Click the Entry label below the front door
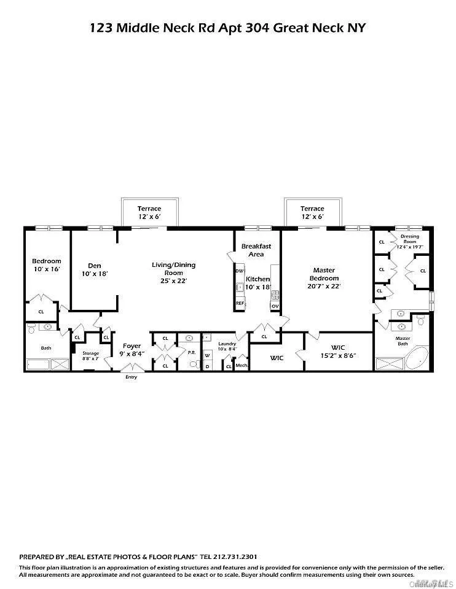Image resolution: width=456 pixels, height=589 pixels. [131, 377]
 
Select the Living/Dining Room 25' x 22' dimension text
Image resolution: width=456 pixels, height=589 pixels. [174, 280]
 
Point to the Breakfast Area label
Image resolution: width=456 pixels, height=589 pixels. [256, 250]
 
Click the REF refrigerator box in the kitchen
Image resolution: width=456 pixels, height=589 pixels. [240, 303]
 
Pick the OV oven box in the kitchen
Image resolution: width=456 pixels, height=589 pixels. [275, 305]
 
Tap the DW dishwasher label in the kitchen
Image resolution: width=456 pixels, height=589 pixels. [240, 271]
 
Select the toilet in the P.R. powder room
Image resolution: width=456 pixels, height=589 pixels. [193, 364]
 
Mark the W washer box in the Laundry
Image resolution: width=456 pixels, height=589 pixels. [207, 355]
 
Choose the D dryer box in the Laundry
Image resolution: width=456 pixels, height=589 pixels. [207, 366]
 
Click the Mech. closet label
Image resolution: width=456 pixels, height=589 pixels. [242, 366]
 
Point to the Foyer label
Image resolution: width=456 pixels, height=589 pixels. [132, 346]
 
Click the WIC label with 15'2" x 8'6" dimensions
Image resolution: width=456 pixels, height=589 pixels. [338, 351]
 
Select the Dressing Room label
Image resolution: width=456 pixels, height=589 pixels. [410, 239]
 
